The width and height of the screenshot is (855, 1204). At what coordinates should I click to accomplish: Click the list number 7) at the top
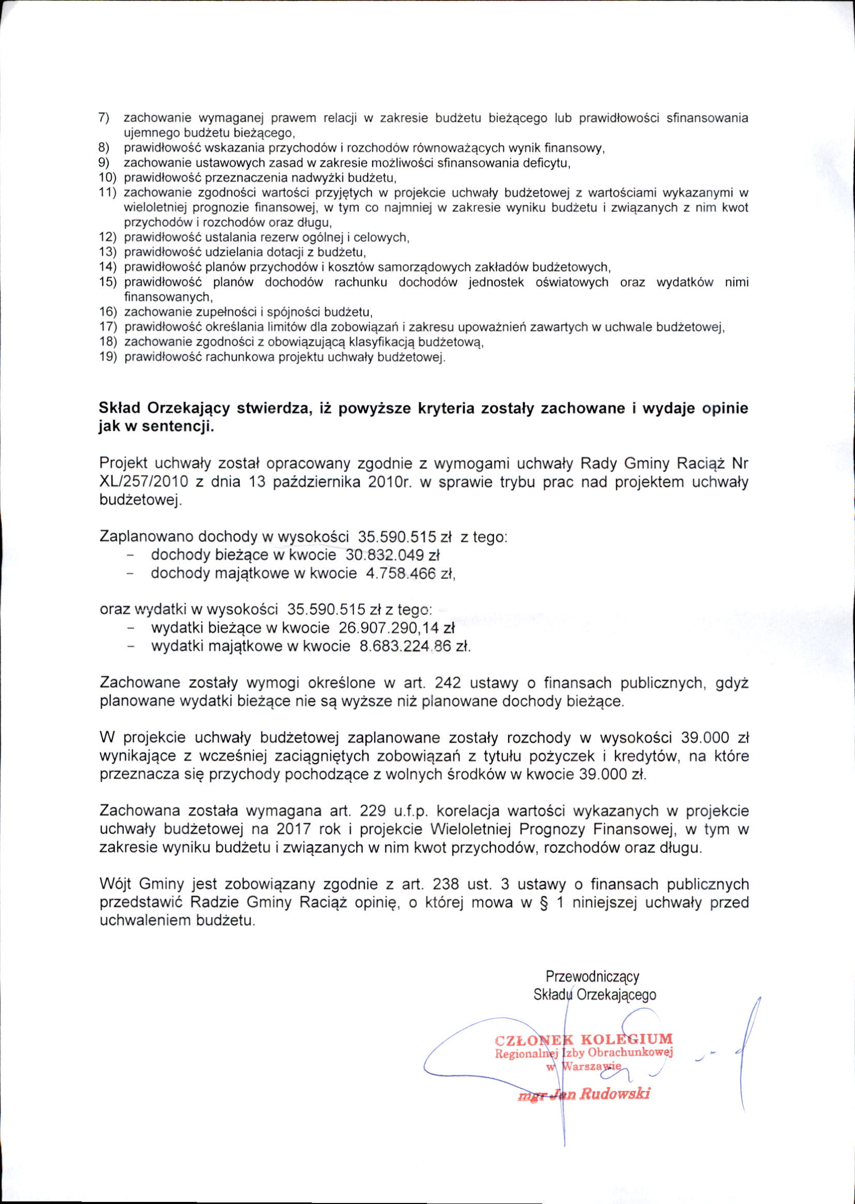coord(104,117)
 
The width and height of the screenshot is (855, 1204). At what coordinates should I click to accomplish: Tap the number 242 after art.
coord(448,683)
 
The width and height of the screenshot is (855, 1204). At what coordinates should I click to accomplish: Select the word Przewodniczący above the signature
coord(592,976)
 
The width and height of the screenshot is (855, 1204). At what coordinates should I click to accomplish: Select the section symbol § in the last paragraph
coord(540,902)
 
